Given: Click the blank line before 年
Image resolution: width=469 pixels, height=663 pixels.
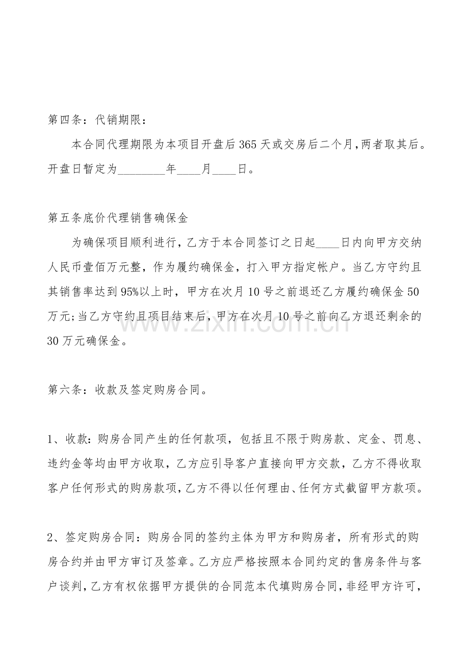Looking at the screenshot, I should click(x=141, y=170).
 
